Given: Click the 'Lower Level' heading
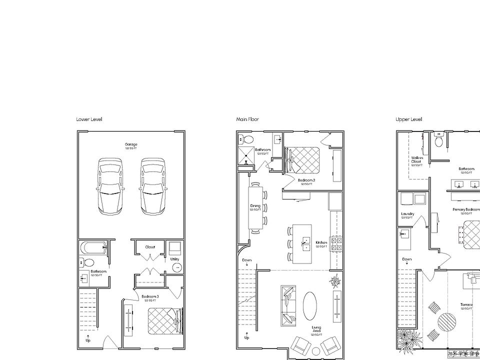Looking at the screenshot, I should click(x=89, y=119).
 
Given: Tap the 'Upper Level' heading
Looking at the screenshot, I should click(x=409, y=119).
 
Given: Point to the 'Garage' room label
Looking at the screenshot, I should click(x=131, y=144).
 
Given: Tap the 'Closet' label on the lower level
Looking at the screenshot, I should click(x=150, y=246).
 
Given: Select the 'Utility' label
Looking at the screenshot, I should click(x=174, y=259).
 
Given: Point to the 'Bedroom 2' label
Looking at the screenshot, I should click(x=306, y=180).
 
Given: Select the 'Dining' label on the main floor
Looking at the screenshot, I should click(x=255, y=205).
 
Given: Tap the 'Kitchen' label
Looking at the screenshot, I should click(x=321, y=242).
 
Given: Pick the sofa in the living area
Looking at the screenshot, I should click(x=288, y=304).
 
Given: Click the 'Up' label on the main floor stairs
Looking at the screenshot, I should click(x=246, y=337).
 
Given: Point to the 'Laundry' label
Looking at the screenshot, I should click(x=407, y=214).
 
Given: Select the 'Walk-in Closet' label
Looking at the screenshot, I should click(x=416, y=160).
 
